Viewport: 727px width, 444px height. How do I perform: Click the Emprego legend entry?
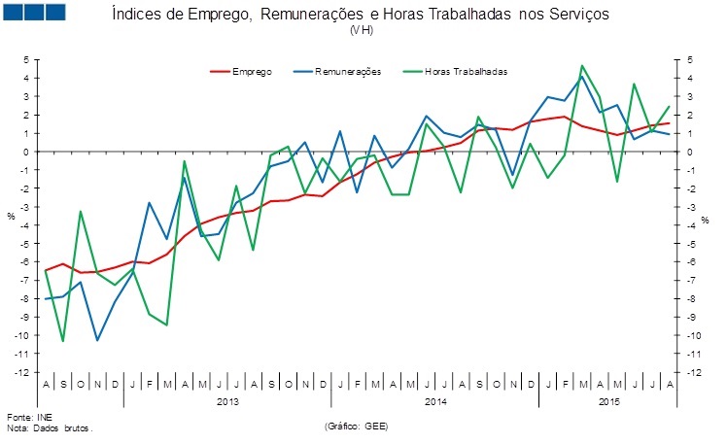coord(251,71)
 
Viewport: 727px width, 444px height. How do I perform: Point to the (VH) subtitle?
coord(361,31)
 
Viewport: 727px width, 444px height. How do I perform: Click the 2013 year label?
coord(227,400)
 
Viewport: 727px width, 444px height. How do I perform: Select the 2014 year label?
coord(434,400)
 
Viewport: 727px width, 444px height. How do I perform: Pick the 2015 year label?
coord(608,400)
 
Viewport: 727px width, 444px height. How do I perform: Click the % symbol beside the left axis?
coord(11,216)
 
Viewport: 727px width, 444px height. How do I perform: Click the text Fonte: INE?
coord(25,416)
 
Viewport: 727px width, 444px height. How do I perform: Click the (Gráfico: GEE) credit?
coord(361,426)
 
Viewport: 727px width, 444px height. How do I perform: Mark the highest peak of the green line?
coord(581,66)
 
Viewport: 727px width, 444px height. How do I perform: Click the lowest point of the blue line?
coord(97,340)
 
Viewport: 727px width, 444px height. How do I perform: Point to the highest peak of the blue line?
coord(581,76)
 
